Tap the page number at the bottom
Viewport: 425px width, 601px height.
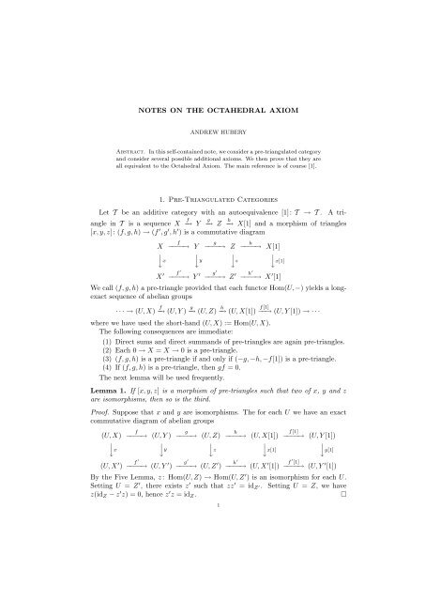tap(212, 584)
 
